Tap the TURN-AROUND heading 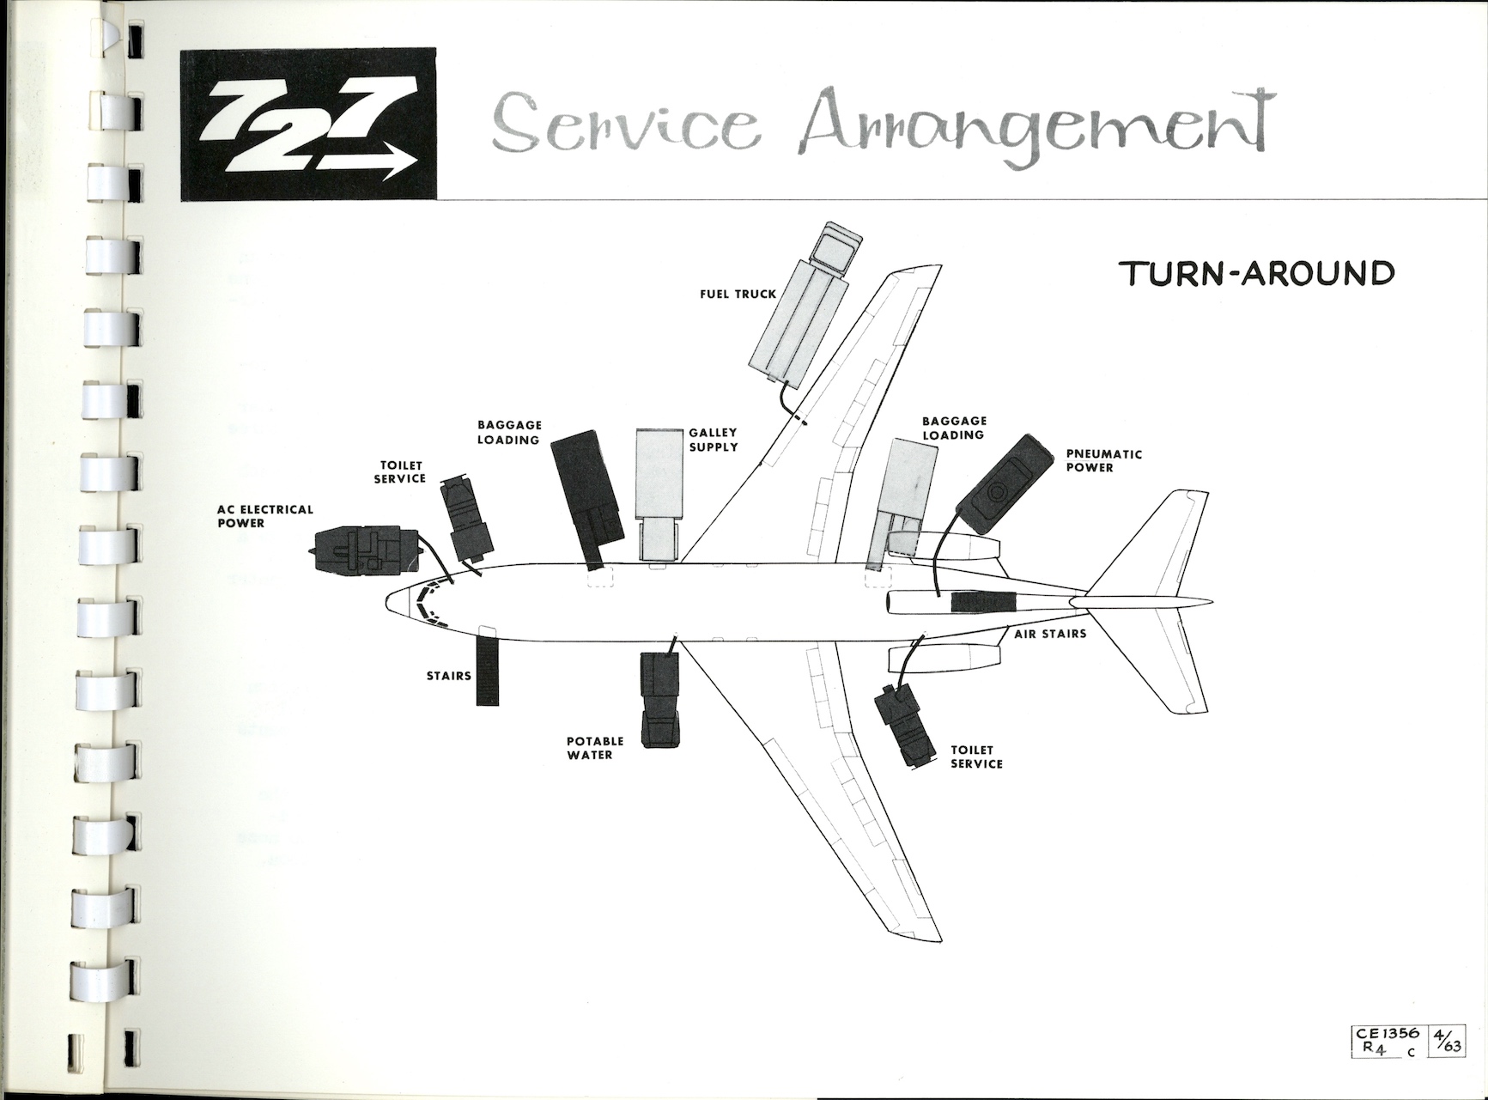pos(1257,273)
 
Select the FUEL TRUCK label pos(738,294)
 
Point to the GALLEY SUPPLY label pos(713,440)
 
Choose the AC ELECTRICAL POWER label pos(252,516)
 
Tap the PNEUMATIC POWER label pos(1103,461)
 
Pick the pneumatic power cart pos(1004,486)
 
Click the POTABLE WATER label pos(594,748)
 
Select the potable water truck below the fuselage pos(659,698)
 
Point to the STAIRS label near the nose pos(448,676)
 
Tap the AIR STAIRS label pos(1050,634)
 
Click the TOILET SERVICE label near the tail pos(976,757)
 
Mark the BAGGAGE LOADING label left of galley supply pos(508,433)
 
